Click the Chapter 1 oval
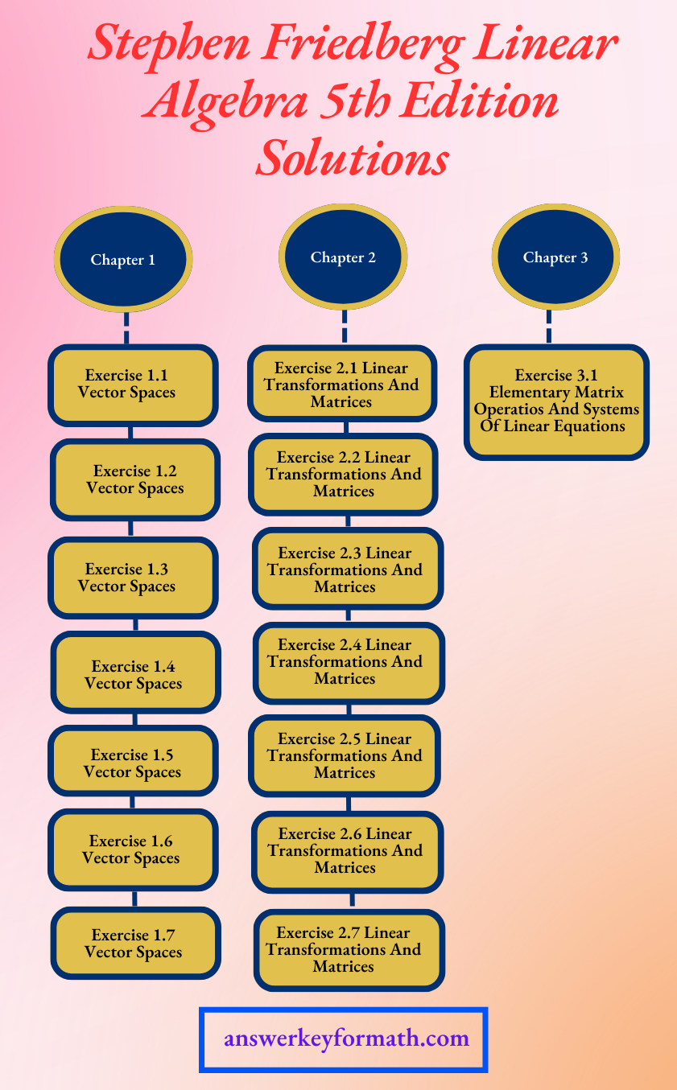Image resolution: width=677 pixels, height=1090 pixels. [123, 259]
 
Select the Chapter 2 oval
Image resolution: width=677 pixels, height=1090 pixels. [344, 257]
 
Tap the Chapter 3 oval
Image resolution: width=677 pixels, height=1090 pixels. [555, 257]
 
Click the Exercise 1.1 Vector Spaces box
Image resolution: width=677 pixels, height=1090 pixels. [133, 385]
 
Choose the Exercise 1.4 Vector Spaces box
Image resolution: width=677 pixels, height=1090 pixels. [135, 675]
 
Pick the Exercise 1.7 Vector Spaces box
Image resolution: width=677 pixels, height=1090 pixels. [135, 944]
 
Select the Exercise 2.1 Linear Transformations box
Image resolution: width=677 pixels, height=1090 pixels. [341, 384]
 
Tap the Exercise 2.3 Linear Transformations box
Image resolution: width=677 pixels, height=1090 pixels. [347, 570]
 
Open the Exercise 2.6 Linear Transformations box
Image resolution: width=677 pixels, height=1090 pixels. [347, 850]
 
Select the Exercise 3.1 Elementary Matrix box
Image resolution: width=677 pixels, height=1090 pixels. [556, 401]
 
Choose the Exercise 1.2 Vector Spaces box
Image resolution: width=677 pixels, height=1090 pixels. [135, 480]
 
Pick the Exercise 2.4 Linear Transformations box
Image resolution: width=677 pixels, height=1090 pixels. [349, 662]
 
